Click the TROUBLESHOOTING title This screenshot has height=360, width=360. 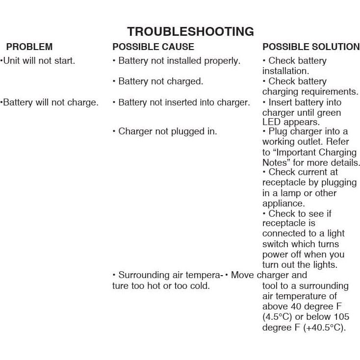click(x=190, y=32)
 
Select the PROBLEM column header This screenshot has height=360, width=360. click(x=29, y=47)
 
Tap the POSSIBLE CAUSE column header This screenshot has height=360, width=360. click(x=153, y=47)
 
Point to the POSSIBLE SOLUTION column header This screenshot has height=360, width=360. click(x=311, y=47)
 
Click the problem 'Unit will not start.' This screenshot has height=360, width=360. click(x=38, y=61)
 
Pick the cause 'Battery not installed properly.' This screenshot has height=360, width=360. click(x=177, y=61)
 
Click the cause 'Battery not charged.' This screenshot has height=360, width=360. click(x=158, y=81)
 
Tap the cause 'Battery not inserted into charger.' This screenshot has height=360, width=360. click(x=182, y=103)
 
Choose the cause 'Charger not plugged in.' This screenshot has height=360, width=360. click(x=165, y=131)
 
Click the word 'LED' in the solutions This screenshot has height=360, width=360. click(x=271, y=122)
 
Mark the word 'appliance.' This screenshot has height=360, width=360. click(x=283, y=203)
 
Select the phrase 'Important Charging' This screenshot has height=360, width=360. click(x=318, y=152)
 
